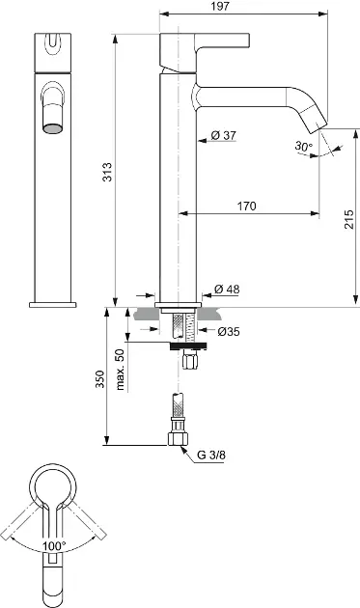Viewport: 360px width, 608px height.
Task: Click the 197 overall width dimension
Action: [x=221, y=6]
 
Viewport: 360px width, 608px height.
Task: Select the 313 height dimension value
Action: [x=107, y=172]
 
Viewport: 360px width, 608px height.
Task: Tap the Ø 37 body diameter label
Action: [x=224, y=135]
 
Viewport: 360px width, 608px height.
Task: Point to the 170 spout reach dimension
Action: [x=247, y=206]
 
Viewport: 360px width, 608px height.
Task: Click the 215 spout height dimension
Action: [x=349, y=219]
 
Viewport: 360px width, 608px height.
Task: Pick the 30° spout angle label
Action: [x=303, y=146]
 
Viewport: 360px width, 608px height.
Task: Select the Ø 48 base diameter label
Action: [x=227, y=289]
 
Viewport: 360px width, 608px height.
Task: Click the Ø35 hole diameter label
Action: [x=229, y=332]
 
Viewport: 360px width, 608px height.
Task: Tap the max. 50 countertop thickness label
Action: [x=121, y=370]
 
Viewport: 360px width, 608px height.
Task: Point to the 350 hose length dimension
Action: [x=100, y=379]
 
